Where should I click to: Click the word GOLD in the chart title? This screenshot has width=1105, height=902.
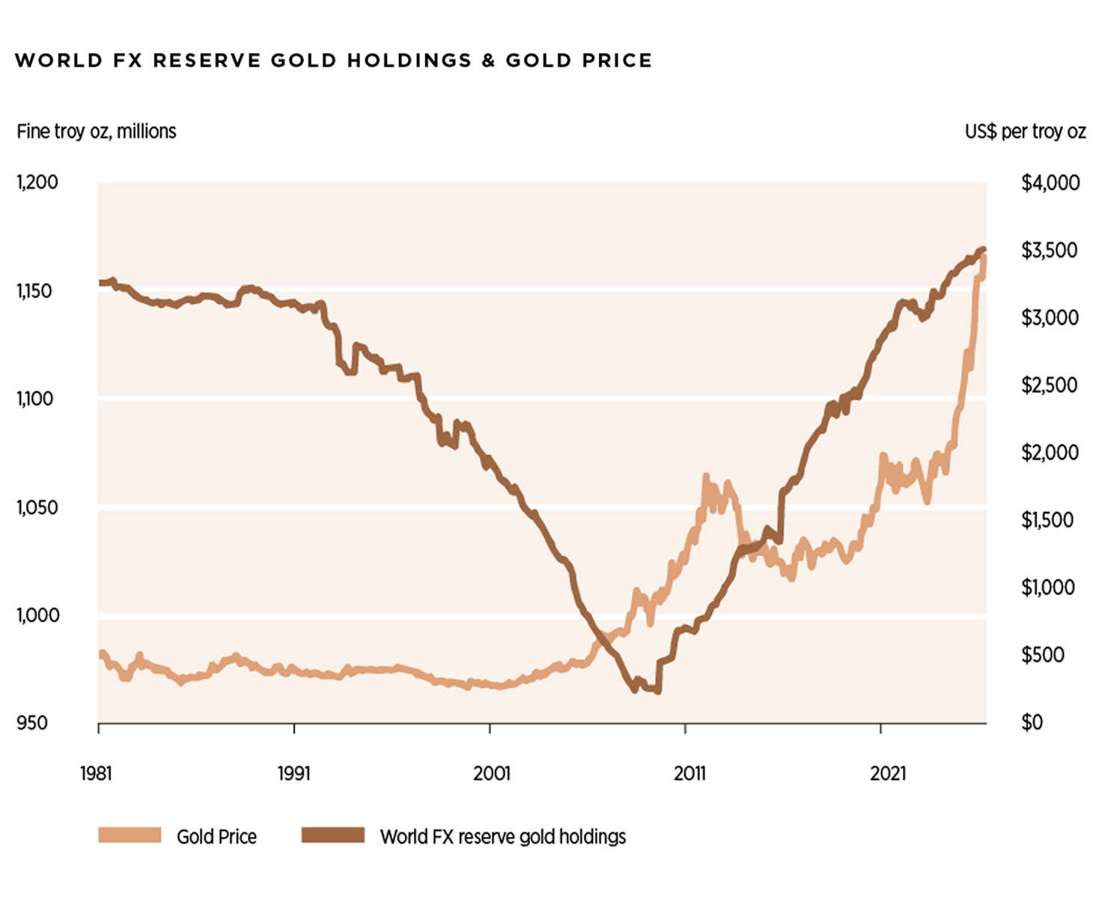[303, 61]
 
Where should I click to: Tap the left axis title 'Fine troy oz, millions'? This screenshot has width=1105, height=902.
[97, 132]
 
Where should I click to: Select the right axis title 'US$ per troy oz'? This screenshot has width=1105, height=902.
[1025, 132]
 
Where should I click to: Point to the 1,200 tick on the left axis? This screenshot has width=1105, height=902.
[37, 183]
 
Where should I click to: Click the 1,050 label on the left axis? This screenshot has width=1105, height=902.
[37, 508]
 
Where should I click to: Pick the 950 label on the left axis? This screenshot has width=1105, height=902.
[32, 723]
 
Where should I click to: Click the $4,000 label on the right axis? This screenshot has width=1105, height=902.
[1050, 183]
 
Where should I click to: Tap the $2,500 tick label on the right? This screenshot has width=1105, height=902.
[1049, 386]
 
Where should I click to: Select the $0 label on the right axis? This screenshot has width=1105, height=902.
[1032, 723]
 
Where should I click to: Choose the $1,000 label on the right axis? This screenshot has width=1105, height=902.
[1048, 588]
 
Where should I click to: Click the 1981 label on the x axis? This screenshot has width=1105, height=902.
[96, 773]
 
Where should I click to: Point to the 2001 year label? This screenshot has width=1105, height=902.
[491, 773]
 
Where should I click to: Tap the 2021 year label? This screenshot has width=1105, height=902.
[888, 773]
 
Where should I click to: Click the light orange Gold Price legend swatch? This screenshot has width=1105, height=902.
[130, 835]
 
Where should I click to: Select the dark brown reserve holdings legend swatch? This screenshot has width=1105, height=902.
[333, 835]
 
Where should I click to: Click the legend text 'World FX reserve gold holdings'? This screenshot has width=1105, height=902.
[502, 837]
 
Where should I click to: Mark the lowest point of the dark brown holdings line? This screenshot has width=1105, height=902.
[657, 691]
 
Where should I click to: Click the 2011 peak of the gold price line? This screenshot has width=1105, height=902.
[706, 477]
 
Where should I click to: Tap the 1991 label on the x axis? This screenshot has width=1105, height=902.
[293, 773]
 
